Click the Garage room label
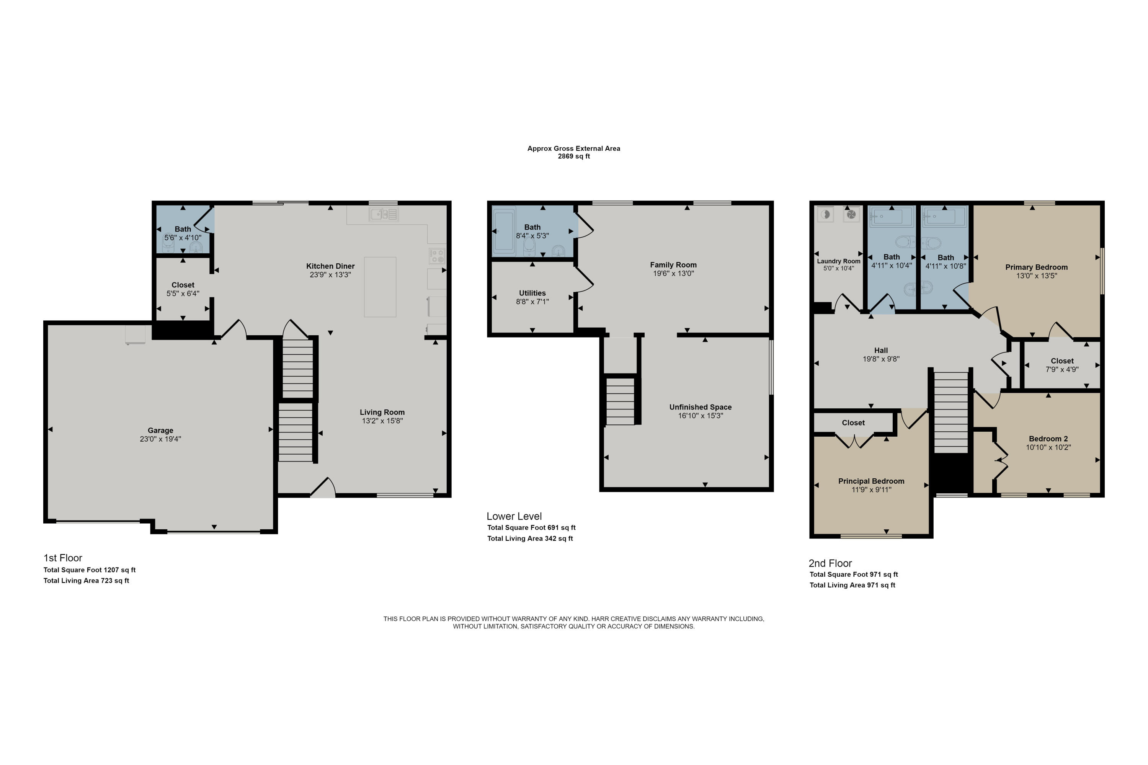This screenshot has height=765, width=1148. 160,430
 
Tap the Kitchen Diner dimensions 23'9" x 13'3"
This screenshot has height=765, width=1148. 330,275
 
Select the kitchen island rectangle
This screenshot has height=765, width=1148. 380,287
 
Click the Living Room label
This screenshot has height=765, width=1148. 382,412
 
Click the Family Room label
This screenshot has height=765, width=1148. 673,265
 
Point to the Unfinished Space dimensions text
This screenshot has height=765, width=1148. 700,416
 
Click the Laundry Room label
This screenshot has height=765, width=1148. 838,261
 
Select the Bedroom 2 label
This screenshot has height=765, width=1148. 1048,439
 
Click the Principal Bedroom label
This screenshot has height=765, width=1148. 871,481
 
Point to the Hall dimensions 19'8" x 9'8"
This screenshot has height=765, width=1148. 881,359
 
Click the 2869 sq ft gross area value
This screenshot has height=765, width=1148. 574,156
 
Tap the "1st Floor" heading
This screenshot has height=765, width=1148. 62,558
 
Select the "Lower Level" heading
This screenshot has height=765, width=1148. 514,516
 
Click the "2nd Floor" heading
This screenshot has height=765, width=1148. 830,563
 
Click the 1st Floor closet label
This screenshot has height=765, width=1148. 183,285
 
